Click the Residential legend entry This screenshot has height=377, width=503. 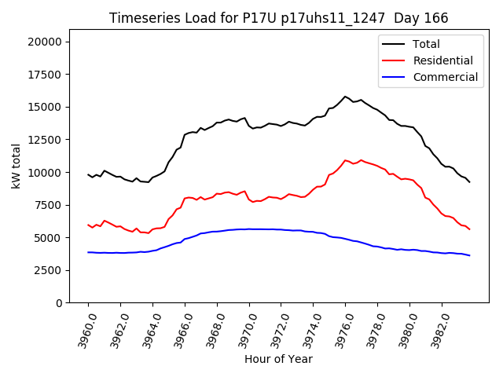(x=442, y=60)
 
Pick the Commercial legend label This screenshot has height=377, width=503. (x=445, y=77)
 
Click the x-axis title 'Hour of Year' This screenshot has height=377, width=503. (x=278, y=359)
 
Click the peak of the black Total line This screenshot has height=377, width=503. (x=345, y=97)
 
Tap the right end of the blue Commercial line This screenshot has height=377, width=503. (x=469, y=255)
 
